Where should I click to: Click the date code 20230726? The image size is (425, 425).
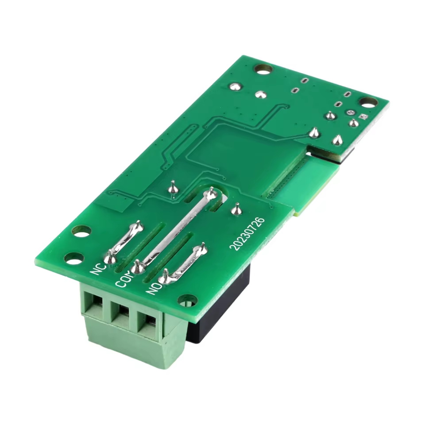[x=247, y=233]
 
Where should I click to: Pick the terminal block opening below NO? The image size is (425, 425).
[x=147, y=323]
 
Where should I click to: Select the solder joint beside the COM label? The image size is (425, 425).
[x=138, y=267]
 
